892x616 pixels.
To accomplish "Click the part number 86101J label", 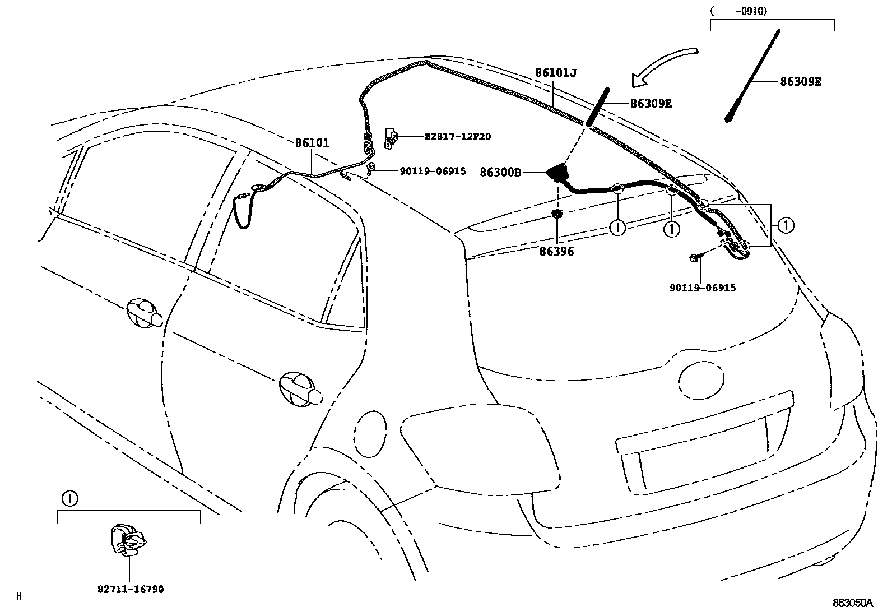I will [x=555, y=73].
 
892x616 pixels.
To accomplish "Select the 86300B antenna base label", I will [x=500, y=172].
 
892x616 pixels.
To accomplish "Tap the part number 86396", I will [x=557, y=252].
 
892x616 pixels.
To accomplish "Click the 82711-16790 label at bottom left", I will [x=131, y=590].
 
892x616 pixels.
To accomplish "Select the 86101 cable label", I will [x=312, y=143].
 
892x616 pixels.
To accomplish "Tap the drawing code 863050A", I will [x=853, y=603].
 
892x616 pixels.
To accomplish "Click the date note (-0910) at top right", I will [x=738, y=11].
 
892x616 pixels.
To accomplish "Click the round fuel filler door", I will [x=371, y=428].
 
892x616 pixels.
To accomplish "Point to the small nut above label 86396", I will [x=557, y=214].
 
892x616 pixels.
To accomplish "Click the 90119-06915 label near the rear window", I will [x=703, y=288].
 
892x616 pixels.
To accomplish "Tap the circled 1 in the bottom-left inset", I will [x=68, y=497].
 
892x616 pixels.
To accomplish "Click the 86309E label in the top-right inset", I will [x=801, y=82].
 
